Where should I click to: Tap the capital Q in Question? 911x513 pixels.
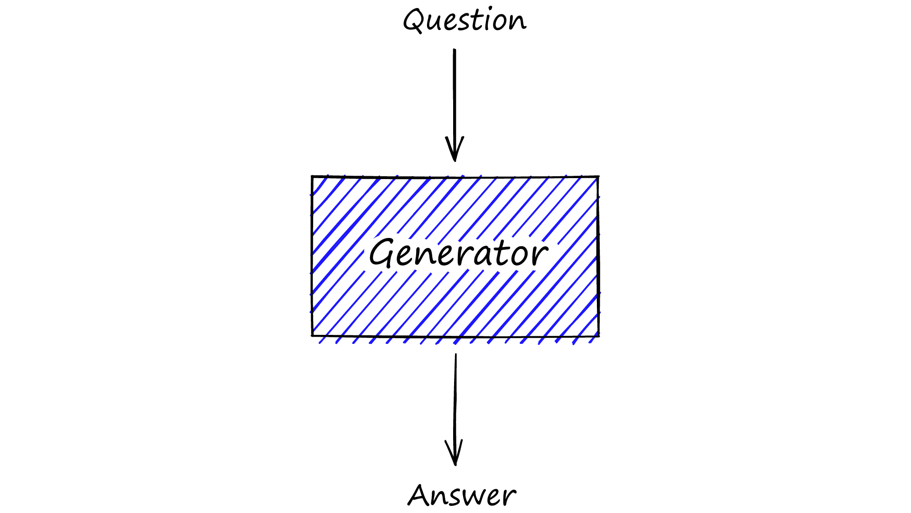414,20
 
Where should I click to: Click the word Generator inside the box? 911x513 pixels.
458,253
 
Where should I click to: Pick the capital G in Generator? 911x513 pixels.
383,252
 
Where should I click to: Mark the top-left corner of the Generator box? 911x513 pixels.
312,177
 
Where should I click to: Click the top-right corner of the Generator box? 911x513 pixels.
598,177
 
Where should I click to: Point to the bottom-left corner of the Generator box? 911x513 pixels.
312,335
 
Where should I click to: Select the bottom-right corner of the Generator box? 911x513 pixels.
598,336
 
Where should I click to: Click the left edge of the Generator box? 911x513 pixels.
312,256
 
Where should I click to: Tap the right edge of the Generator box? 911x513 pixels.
598,256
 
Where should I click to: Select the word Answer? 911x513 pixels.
462,495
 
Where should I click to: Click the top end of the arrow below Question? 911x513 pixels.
455,50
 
